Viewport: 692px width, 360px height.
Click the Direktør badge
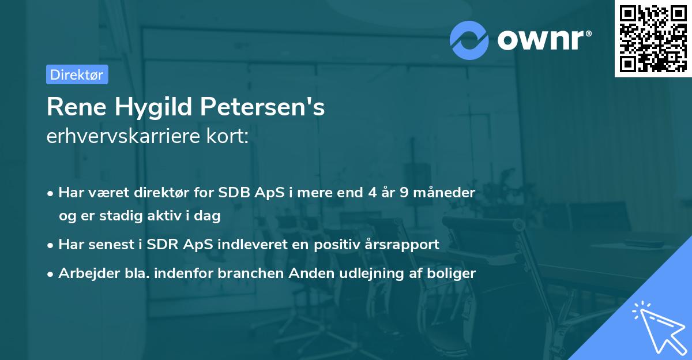(x=77, y=74)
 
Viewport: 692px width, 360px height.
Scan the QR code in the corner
(x=653, y=38)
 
